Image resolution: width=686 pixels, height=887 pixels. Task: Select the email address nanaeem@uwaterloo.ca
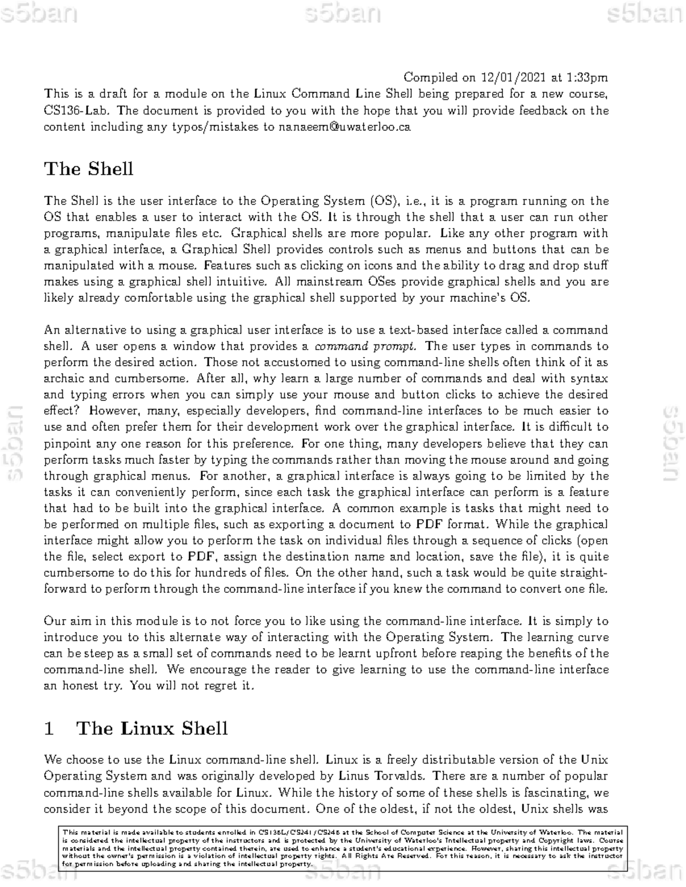345,127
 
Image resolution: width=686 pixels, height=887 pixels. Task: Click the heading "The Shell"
89,169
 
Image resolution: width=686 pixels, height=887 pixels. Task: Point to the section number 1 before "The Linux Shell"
49,729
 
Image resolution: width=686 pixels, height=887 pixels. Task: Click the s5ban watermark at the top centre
343,14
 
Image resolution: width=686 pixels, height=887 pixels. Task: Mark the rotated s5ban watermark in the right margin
673,444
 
